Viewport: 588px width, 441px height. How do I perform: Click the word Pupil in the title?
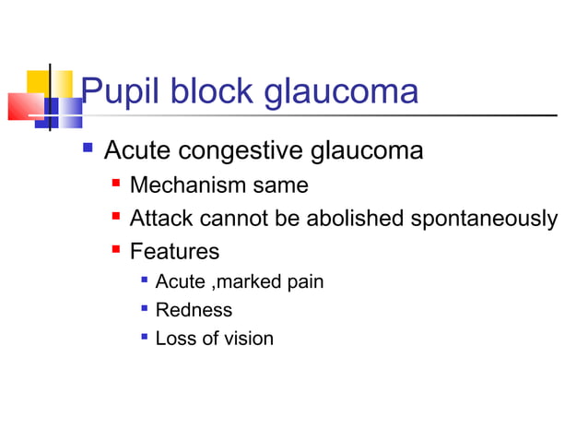(113, 92)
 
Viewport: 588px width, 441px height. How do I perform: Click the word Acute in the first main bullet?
(138, 149)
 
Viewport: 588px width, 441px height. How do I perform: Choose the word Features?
(174, 251)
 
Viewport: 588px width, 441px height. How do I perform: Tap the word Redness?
(194, 310)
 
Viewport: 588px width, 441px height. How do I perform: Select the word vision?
(249, 339)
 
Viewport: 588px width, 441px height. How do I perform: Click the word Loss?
(173, 339)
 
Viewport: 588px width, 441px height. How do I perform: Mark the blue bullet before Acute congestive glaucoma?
(88, 149)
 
